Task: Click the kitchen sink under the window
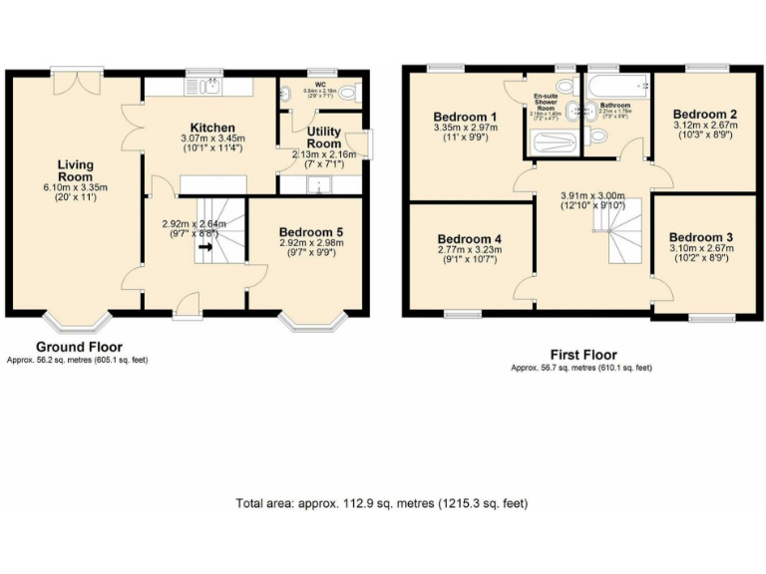(208, 88)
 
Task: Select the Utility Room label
(324, 138)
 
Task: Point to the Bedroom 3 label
(702, 237)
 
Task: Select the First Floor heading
(582, 355)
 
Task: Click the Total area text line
(382, 503)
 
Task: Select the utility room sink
(321, 184)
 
